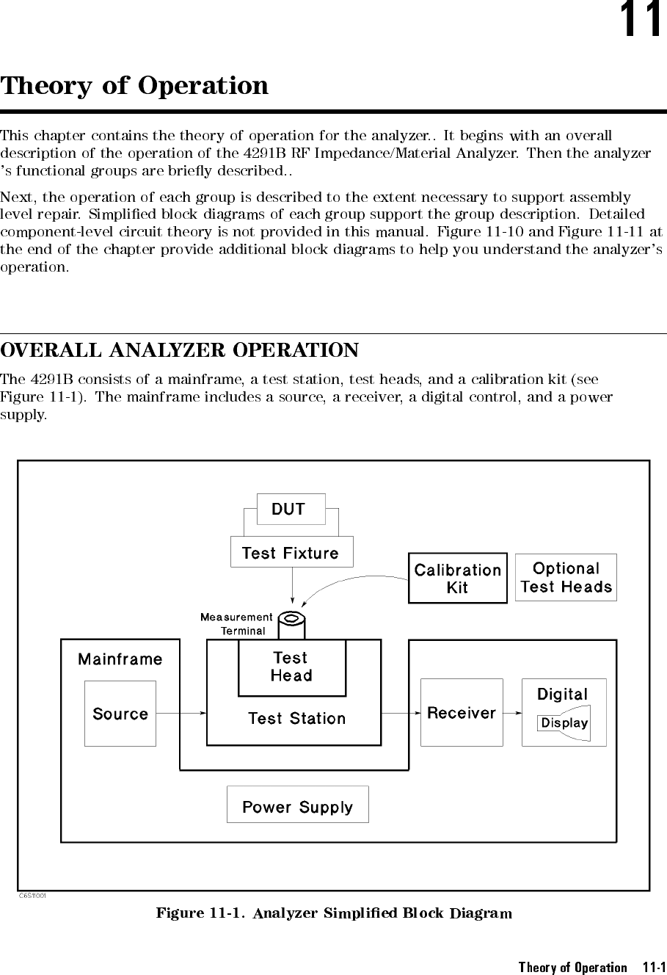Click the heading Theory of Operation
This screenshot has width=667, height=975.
click(134, 86)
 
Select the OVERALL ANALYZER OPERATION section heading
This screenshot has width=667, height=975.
click(180, 350)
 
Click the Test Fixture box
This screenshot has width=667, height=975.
click(291, 553)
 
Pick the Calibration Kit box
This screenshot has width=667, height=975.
click(457, 579)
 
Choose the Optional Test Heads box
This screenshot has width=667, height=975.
click(566, 578)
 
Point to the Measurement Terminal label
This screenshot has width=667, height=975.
click(236, 624)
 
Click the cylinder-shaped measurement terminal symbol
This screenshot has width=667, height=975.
click(294, 625)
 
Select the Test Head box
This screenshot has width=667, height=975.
click(291, 667)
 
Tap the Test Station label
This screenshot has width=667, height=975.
click(296, 719)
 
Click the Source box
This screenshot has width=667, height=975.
click(120, 714)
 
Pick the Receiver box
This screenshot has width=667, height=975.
click(462, 713)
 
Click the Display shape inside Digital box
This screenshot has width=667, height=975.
click(564, 723)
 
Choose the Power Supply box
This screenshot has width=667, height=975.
click(297, 807)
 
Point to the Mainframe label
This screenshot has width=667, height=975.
click(120, 659)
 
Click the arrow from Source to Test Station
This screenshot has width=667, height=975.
click(181, 713)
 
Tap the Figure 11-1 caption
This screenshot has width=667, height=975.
click(334, 913)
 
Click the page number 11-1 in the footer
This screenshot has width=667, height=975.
click(649, 967)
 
